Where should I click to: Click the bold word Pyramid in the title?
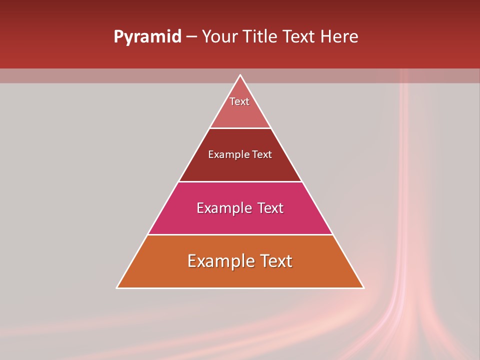pos(147,37)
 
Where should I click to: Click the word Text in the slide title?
pos(299,37)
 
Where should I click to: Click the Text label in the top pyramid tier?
pos(239,101)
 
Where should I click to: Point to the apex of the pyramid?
pos(240,75)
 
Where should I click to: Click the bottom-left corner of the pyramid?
pos(117,287)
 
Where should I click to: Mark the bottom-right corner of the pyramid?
pos(363,287)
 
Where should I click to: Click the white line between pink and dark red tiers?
pos(240,128)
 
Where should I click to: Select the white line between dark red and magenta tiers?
pos(240,181)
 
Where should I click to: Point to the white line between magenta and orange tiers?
pos(240,234)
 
